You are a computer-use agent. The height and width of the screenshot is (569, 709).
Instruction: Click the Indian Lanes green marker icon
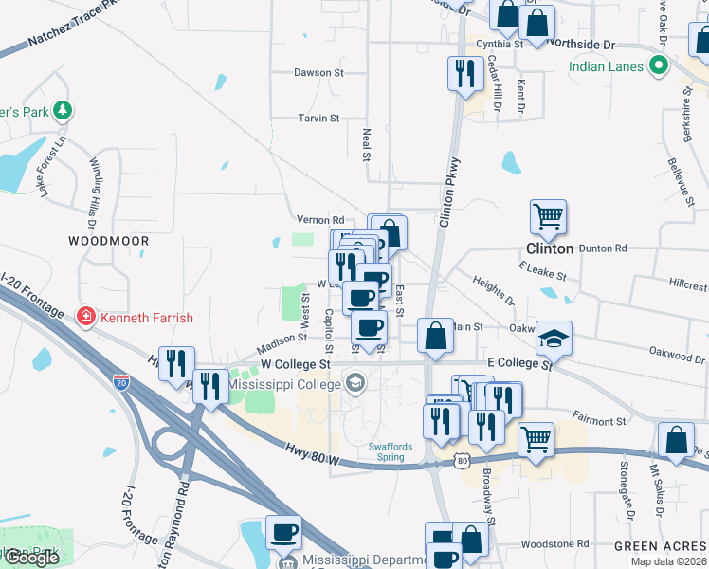(659, 66)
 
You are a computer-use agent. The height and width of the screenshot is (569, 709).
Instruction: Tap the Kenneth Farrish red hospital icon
(85, 317)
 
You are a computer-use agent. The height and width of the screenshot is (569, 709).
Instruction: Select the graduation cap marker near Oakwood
(554, 339)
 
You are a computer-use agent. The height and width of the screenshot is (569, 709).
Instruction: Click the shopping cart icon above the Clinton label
(548, 218)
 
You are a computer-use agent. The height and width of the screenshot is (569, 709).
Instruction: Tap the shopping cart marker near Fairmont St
(536, 440)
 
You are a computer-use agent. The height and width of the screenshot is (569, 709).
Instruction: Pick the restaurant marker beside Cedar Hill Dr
(464, 74)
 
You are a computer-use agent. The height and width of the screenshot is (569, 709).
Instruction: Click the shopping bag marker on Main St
(435, 336)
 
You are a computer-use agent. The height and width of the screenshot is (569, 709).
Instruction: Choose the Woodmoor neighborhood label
(109, 242)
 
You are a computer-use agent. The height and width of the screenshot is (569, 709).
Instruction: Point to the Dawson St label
(318, 72)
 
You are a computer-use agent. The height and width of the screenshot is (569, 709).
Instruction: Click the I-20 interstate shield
(121, 382)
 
